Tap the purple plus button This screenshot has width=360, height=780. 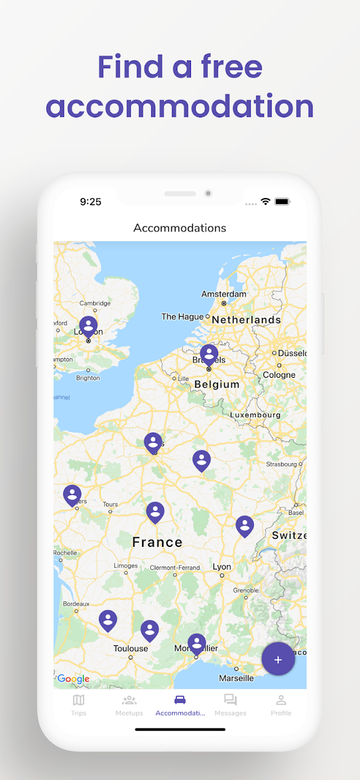pyautogui.click(x=278, y=660)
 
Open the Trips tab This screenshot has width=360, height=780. pyautogui.click(x=78, y=705)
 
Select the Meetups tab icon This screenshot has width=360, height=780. pyautogui.click(x=129, y=700)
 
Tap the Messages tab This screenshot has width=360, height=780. pyautogui.click(x=230, y=705)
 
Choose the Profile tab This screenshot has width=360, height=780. pyautogui.click(x=281, y=705)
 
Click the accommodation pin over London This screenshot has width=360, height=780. pyautogui.click(x=88, y=326)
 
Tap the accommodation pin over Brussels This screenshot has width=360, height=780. pyautogui.click(x=209, y=354)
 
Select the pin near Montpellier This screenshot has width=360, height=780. pyautogui.click(x=197, y=644)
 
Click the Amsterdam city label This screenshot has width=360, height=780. pyautogui.click(x=224, y=294)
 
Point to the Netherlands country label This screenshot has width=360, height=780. pyautogui.click(x=246, y=320)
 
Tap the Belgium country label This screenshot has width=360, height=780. pyautogui.click(x=217, y=384)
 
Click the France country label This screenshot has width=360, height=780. pyautogui.click(x=157, y=542)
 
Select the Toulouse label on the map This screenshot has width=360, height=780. pyautogui.click(x=130, y=649)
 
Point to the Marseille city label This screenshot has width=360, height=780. pyautogui.click(x=236, y=678)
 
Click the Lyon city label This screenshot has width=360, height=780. pyautogui.click(x=222, y=567)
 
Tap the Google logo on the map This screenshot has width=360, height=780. pyautogui.click(x=73, y=679)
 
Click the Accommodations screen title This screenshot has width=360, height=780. pyautogui.click(x=180, y=228)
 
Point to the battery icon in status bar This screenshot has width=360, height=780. pyautogui.click(x=282, y=202)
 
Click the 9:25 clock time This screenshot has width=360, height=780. pyautogui.click(x=91, y=202)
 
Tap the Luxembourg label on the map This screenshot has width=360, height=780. pyautogui.click(x=255, y=415)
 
